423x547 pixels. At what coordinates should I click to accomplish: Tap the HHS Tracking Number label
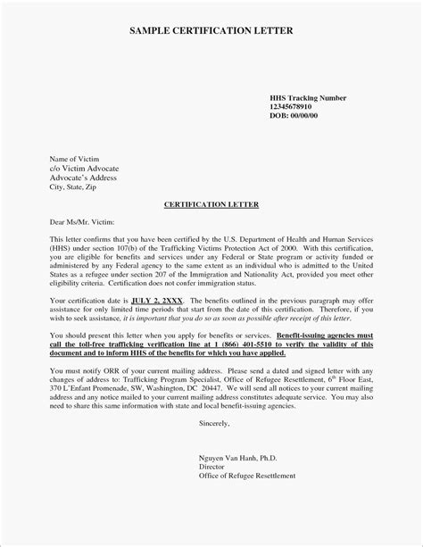click(308, 95)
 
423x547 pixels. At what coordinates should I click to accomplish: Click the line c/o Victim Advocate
click(84, 167)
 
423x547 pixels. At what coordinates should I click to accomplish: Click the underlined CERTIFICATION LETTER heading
click(211, 203)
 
